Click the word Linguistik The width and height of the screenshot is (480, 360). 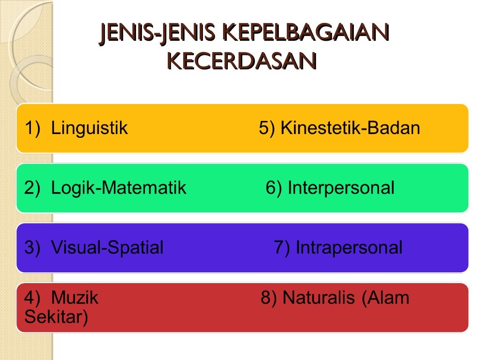point(89,128)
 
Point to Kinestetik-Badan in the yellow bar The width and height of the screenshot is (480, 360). point(350,128)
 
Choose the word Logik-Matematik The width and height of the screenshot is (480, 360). point(119,188)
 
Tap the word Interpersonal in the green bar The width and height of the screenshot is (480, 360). point(341,188)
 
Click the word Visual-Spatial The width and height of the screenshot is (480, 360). point(107,247)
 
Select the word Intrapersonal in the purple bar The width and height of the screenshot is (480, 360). point(349,247)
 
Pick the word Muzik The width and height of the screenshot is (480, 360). point(75,298)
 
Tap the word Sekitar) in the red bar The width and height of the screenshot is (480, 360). point(56,317)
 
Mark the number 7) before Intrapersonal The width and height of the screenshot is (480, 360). point(282,247)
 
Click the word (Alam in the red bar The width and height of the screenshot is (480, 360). point(385,298)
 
